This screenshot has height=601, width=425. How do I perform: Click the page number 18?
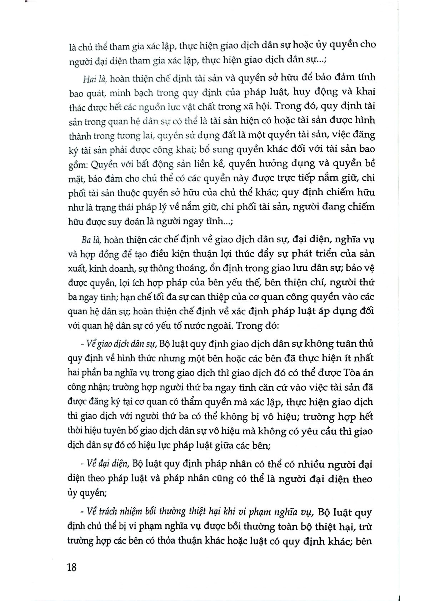(71, 567)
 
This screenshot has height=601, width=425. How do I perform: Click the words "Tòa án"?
(359, 373)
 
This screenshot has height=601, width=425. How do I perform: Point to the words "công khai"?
(210, 150)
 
